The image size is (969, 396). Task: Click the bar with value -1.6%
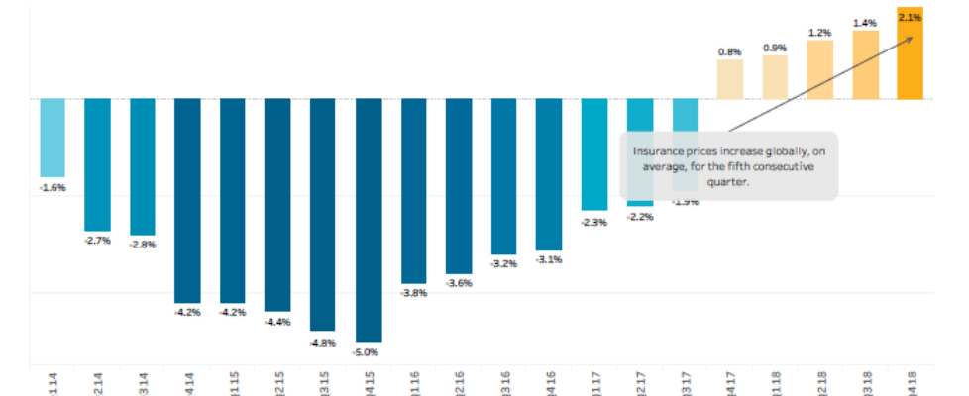[53, 137]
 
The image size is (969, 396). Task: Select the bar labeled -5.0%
[369, 220]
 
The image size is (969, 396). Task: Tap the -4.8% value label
[323, 343]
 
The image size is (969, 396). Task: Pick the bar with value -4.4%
[277, 205]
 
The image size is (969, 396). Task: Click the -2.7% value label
[97, 241]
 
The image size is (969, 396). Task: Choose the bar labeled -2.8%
[143, 166]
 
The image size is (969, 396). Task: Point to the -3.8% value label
[413, 294]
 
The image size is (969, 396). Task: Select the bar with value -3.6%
[459, 186]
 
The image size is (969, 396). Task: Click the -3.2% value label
[504, 264]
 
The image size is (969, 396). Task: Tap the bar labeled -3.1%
[550, 174]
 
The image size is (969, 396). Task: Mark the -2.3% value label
[594, 222]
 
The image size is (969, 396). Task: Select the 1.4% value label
[865, 21]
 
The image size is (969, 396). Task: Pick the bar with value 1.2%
[820, 69]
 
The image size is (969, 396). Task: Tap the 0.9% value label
[775, 47]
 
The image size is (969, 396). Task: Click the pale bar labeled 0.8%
[730, 79]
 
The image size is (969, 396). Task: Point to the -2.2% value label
[640, 217]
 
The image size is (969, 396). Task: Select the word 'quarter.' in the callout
[728, 181]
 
